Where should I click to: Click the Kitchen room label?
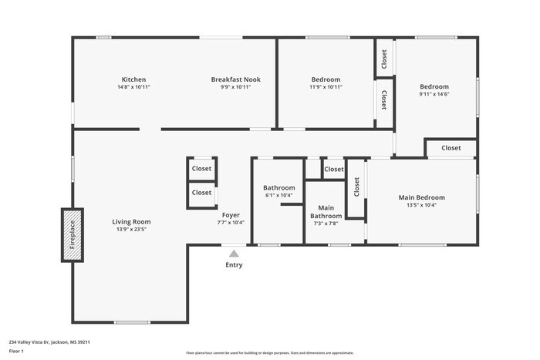pos(133,79)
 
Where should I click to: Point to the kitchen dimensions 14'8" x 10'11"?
pos(133,87)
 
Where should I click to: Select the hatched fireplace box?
pos(73,235)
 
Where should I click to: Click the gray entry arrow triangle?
pos(234,253)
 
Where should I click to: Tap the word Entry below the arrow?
pos(234,265)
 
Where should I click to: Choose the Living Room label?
pos(131,221)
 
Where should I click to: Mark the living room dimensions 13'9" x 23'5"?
pos(131,229)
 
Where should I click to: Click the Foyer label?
pos(231,215)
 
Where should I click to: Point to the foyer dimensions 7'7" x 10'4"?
pos(231,223)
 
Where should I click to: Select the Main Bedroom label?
pos(421,197)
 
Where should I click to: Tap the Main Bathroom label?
pos(326,211)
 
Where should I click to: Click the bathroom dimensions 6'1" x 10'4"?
pos(279,195)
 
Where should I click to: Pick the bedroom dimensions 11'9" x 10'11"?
pos(326,87)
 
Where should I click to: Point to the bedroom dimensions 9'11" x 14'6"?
pos(434,94)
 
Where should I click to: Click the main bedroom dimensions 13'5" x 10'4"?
pos(421,205)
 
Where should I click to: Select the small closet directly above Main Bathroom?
pos(334,170)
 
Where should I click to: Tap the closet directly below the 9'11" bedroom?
pos(451,148)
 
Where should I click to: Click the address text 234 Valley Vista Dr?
pos(39,341)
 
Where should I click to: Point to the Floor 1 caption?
pos(16,351)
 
